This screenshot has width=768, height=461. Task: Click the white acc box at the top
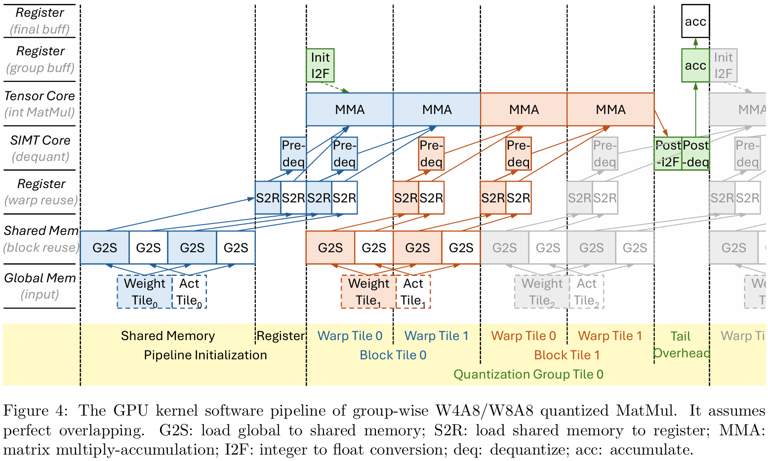(x=695, y=21)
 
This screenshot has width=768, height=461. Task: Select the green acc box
(x=695, y=65)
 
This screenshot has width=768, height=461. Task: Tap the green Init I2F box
(x=320, y=65)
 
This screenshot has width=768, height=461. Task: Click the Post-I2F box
(x=668, y=154)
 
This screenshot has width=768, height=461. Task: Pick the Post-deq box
(x=695, y=154)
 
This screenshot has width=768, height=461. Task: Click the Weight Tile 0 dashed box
(x=144, y=292)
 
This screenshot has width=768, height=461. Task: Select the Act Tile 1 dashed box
(x=413, y=292)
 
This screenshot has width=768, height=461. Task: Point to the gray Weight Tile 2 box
(x=542, y=292)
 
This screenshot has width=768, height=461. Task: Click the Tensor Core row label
(x=40, y=104)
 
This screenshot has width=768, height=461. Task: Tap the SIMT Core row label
(x=40, y=148)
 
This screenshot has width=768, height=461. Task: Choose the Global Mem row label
(x=40, y=286)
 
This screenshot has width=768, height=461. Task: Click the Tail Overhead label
(x=681, y=345)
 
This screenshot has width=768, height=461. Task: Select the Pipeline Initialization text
(x=205, y=355)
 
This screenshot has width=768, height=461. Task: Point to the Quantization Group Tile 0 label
(x=528, y=374)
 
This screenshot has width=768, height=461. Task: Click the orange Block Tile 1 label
(x=566, y=355)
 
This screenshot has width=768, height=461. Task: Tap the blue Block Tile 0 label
(x=393, y=355)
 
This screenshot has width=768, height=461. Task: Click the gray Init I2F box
(x=723, y=65)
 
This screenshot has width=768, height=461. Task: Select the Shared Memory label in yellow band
(x=168, y=336)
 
